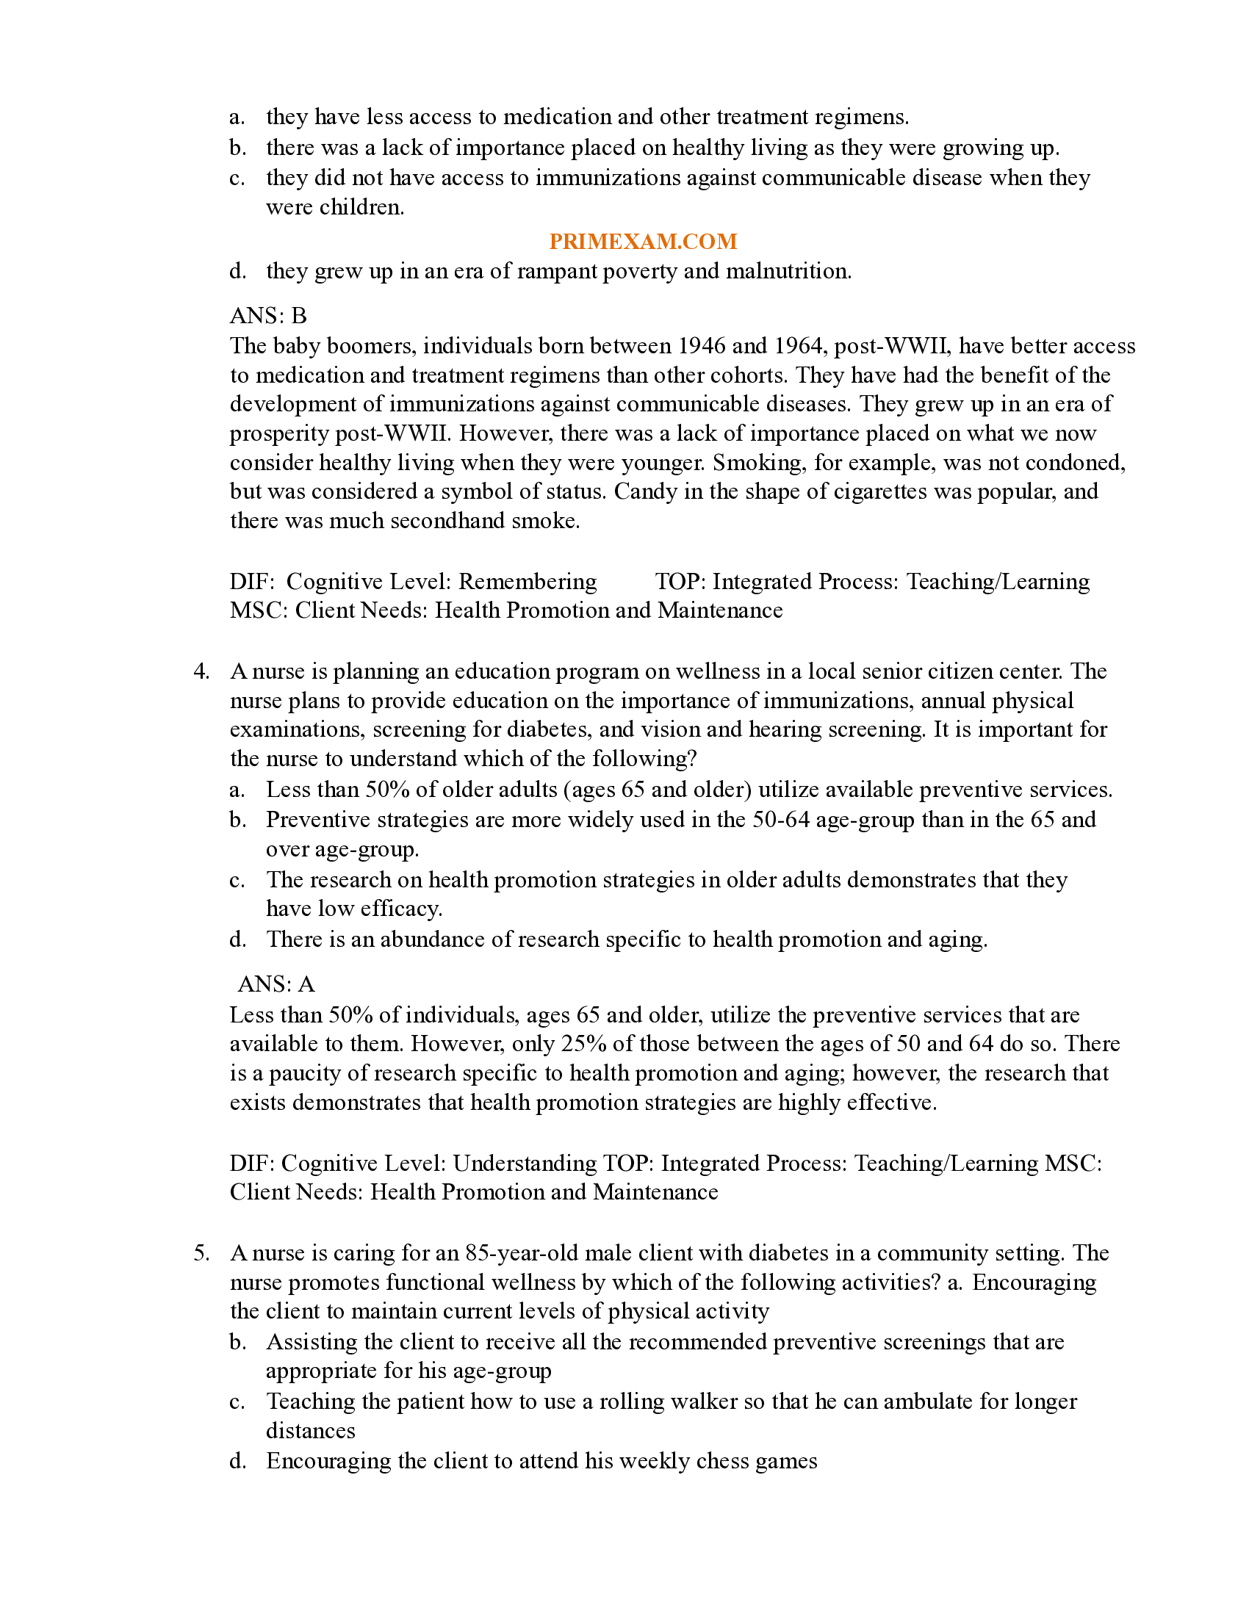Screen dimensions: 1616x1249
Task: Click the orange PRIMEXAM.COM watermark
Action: [642, 241]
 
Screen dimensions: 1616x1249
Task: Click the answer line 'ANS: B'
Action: [268, 316]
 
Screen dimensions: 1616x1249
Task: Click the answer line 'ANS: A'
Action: [276, 984]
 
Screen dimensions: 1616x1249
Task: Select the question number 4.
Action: [201, 671]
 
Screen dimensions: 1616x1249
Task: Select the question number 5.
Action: [201, 1252]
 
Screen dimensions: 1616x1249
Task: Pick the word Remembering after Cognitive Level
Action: [528, 582]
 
